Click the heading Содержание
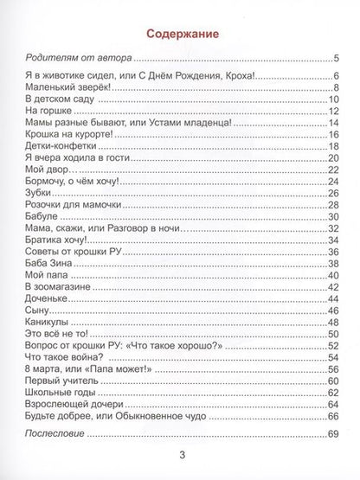(x=180, y=33)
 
